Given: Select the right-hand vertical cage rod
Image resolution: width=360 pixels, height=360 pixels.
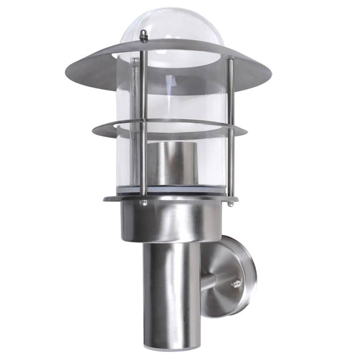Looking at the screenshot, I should point(231,129).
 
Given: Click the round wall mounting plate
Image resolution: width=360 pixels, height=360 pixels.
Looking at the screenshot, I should point(234,275).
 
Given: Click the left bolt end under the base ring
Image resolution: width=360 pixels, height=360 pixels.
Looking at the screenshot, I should point(144,202).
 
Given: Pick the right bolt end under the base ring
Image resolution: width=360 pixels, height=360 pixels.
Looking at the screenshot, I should point(231,202).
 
